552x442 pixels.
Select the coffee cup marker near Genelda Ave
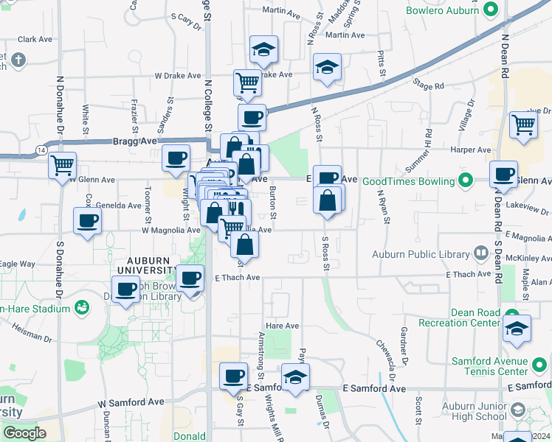pyautogui.click(x=87, y=220)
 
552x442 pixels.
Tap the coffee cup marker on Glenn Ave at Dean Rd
pyautogui.click(x=503, y=175)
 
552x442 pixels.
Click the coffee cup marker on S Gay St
pyautogui.click(x=234, y=376)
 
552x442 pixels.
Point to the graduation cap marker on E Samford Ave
pyautogui.click(x=295, y=377)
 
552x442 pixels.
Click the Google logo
pyautogui.click(x=24, y=433)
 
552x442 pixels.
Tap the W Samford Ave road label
pyautogui.click(x=131, y=403)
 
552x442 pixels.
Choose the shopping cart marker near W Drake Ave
pyautogui.click(x=247, y=83)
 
